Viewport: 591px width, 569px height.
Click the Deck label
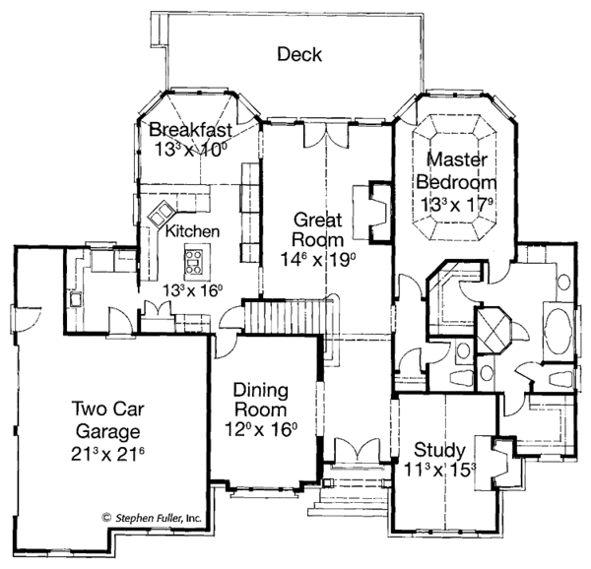[x=298, y=54]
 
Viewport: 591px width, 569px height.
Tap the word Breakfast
[x=190, y=130]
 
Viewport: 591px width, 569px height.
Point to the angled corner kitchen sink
[x=160, y=214]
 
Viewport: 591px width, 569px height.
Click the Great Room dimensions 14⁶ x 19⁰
[x=316, y=258]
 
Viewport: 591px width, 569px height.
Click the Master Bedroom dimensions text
[x=455, y=204]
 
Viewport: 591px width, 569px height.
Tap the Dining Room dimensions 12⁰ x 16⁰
[x=259, y=429]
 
